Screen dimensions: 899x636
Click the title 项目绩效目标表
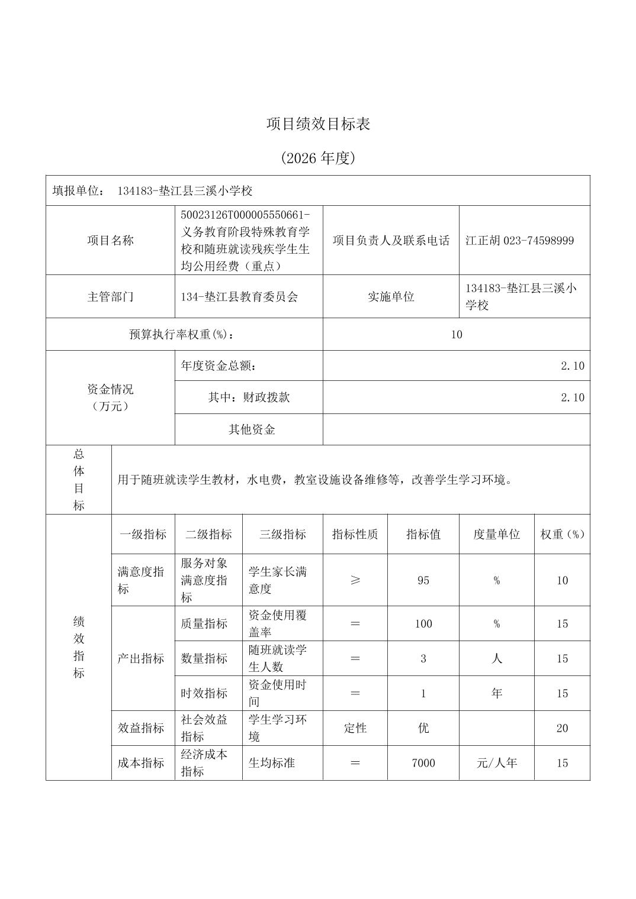click(318, 124)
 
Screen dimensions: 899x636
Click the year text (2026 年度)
click(318, 158)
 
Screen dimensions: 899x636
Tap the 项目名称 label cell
click(110, 241)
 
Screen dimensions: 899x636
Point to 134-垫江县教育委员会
click(239, 297)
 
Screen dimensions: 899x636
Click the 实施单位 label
click(391, 297)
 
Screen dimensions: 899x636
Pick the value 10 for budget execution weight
click(456, 335)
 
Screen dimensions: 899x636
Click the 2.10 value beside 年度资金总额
click(572, 366)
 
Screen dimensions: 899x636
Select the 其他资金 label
click(252, 430)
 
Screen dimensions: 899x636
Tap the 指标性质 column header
click(355, 535)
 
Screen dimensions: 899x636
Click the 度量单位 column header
click(496, 535)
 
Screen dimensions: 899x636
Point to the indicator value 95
click(423, 581)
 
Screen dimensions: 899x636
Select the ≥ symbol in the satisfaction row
click(355, 581)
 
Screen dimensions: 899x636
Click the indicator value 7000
click(423, 764)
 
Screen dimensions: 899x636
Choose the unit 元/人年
click(496, 764)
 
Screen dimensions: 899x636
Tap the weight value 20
click(562, 729)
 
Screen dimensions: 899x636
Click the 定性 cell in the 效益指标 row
click(355, 729)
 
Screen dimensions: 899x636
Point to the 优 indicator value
click(423, 729)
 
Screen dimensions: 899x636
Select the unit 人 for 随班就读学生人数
click(496, 659)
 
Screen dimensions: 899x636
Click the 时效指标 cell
click(204, 694)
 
